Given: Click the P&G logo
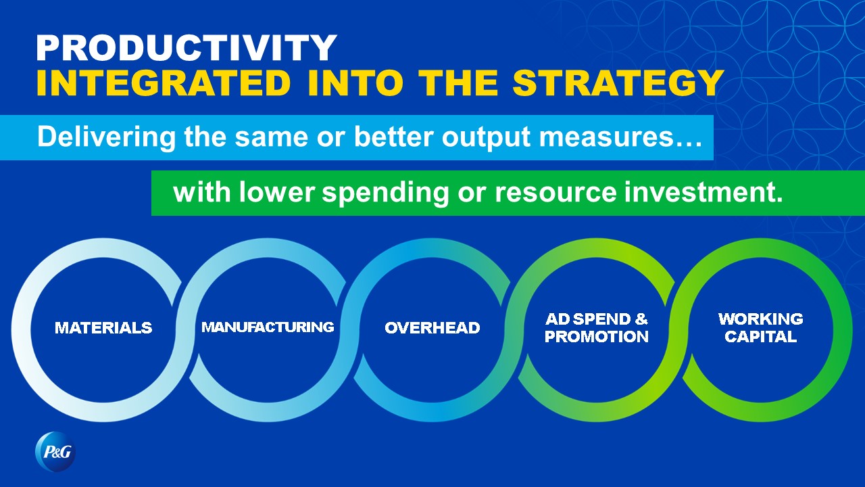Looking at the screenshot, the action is coord(55,451).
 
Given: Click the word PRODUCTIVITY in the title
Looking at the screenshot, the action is coord(187,47).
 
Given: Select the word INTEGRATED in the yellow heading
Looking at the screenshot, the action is coord(164,83).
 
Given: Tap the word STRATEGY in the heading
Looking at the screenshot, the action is coord(618,83).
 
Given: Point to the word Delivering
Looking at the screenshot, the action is coord(106,137).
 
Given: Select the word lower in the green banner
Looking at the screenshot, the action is coord(277,191).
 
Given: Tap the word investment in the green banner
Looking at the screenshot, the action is coord(699,191).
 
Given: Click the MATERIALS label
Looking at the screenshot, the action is coord(103,328).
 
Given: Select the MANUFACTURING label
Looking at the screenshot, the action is coord(268,327).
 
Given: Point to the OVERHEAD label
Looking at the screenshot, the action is coord(432,328).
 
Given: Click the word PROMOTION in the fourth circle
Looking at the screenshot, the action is coord(597,337).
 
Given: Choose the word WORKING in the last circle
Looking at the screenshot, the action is coord(761,319).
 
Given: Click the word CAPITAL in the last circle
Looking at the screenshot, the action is coord(761,337).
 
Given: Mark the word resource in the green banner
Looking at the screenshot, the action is coord(555,193).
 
